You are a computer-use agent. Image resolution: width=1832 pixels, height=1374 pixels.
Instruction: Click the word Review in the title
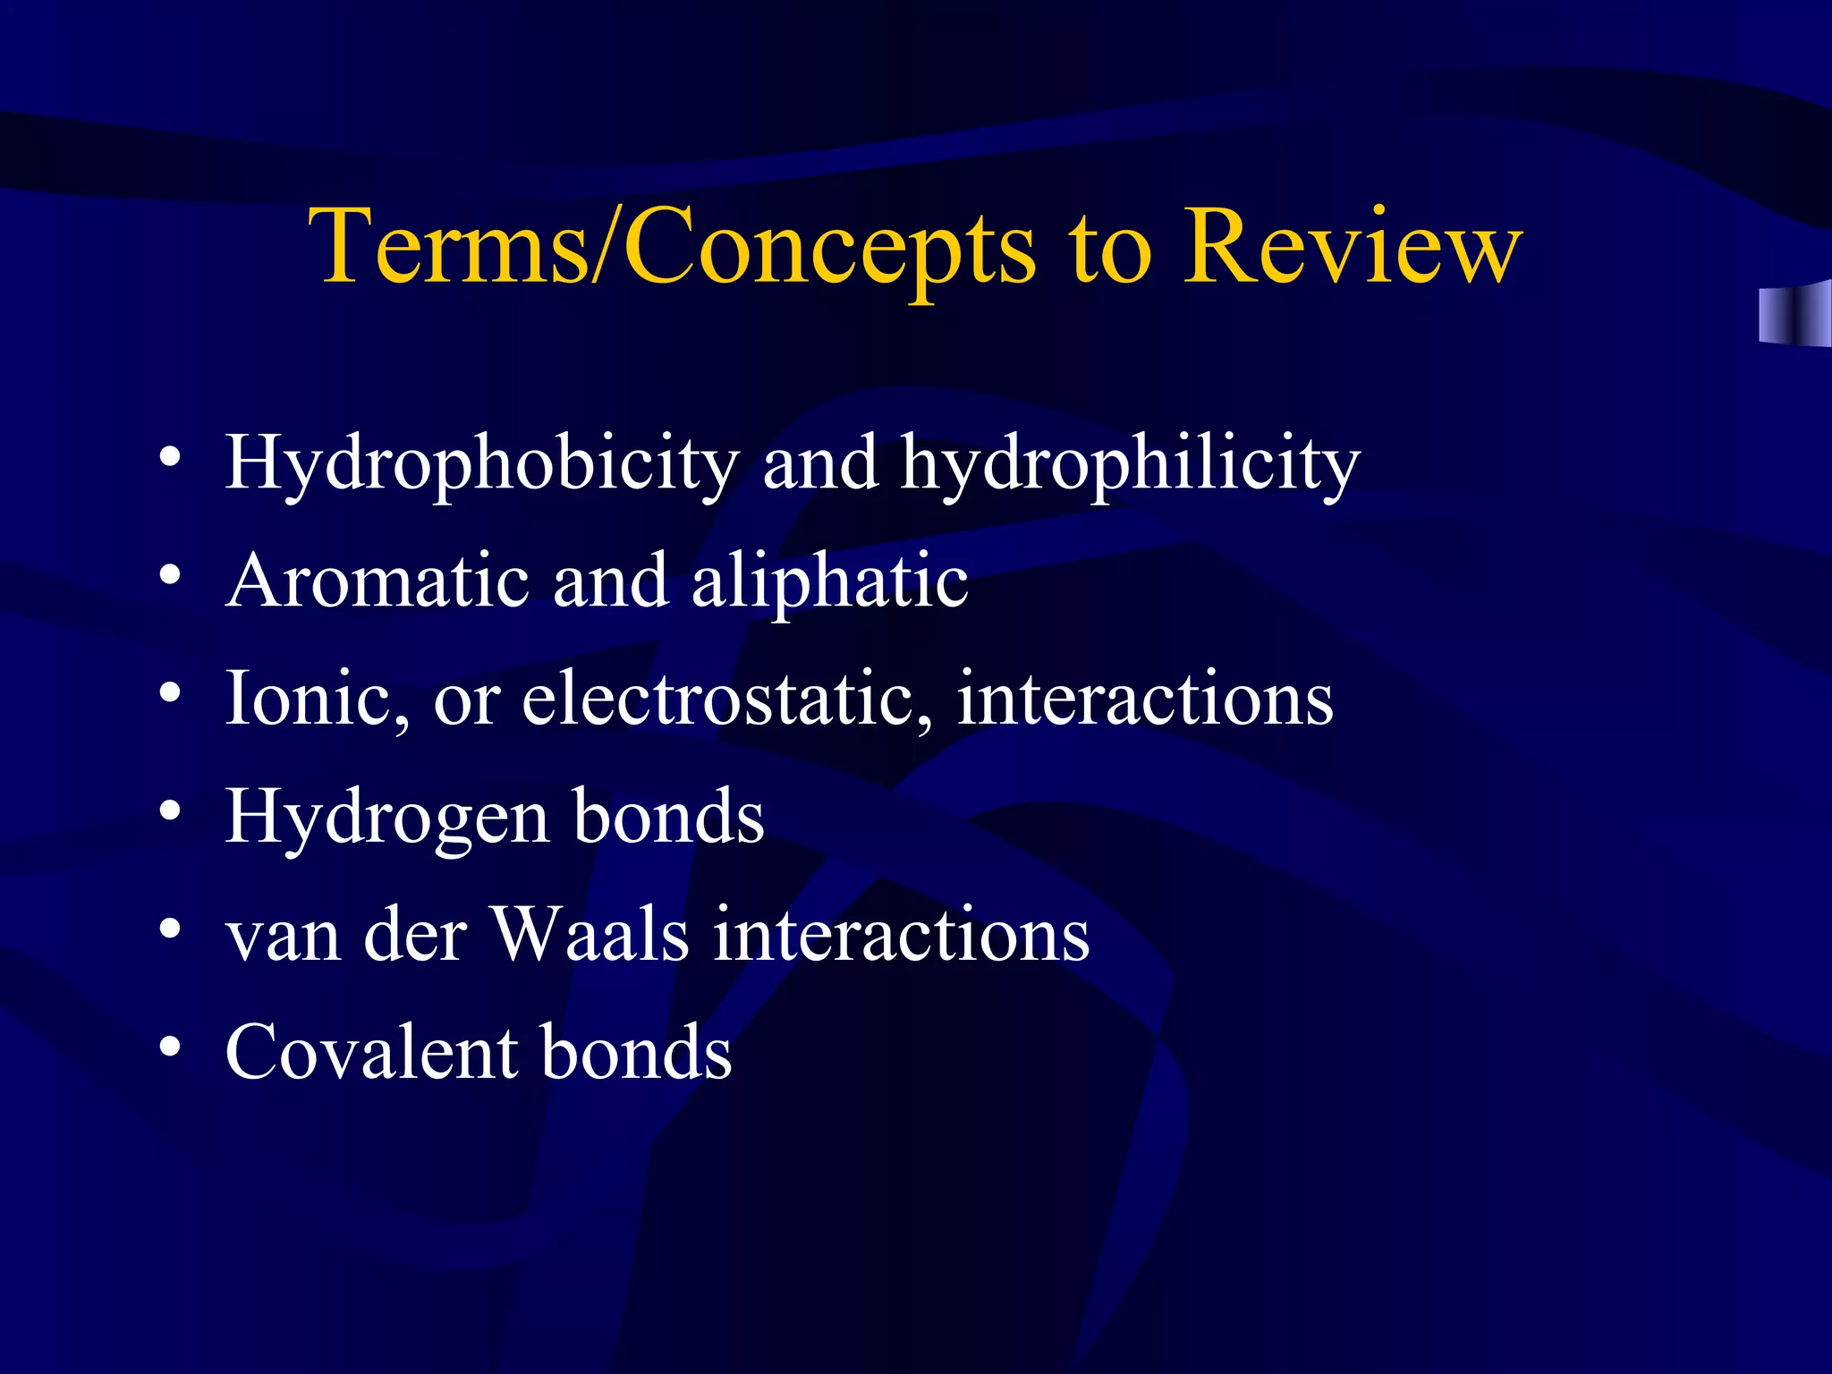pos(1353,247)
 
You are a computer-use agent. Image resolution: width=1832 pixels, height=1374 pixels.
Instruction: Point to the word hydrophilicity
pos(1130,463)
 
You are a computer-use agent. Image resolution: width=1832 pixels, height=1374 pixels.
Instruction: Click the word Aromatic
pos(377,581)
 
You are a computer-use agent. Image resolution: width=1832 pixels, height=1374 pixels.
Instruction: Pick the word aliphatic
pos(830,581)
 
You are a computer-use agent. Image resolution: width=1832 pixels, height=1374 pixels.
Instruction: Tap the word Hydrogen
pos(386,818)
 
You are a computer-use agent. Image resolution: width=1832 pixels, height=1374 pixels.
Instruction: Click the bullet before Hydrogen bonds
pos(170,811)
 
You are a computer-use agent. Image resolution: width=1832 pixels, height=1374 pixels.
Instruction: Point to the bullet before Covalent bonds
pos(170,1047)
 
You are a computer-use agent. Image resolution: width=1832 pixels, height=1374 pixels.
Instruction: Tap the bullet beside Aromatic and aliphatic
pos(170,575)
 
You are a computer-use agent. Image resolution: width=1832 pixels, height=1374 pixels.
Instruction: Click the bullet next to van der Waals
pos(170,929)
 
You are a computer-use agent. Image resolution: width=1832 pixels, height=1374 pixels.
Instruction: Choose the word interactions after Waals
pos(901,936)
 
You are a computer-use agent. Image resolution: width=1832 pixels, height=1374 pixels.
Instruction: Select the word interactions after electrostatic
pos(1145,700)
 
